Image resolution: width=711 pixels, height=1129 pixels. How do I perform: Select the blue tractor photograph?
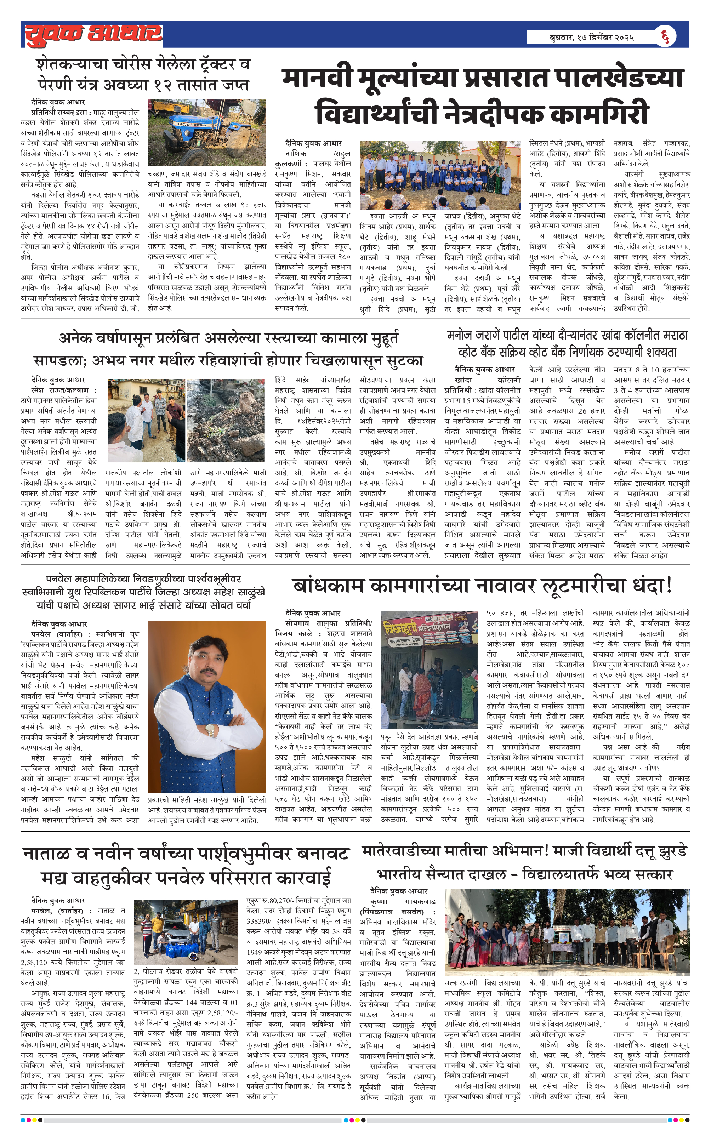207,132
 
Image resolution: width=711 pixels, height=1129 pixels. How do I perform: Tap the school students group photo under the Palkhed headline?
439,175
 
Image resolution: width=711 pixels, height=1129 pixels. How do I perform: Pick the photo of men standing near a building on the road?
146,421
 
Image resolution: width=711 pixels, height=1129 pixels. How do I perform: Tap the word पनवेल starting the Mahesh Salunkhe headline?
62,579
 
